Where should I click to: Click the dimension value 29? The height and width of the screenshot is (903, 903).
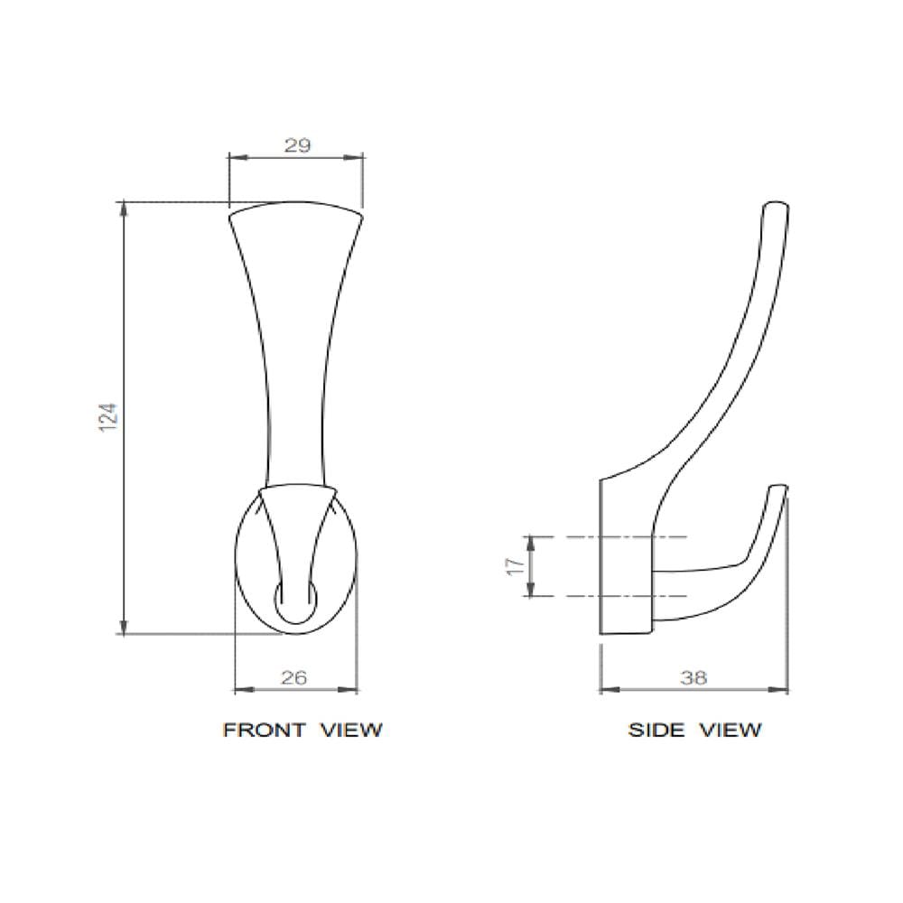[297, 145]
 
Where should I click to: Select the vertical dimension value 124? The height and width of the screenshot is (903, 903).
[108, 418]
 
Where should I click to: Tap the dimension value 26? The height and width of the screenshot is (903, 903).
[293, 678]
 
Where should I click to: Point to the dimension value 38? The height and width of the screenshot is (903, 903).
[694, 678]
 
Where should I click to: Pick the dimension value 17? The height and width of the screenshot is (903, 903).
[518, 565]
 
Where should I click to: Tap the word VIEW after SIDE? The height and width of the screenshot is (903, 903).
[731, 731]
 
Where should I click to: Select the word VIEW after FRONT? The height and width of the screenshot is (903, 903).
[351, 731]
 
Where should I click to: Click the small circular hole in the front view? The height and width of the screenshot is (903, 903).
[296, 602]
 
